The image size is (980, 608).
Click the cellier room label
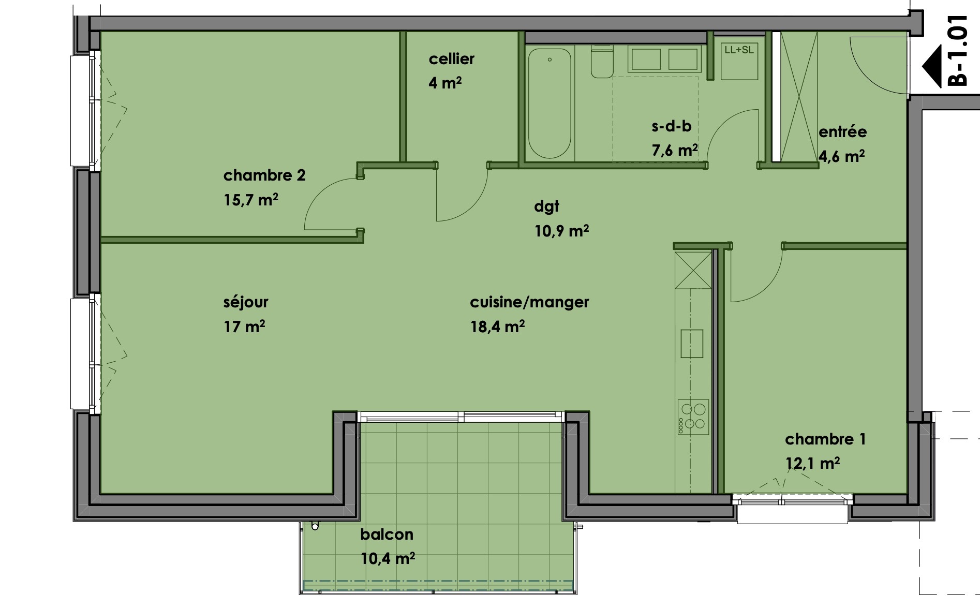(x=451, y=59)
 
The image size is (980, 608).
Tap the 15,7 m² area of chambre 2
(x=251, y=200)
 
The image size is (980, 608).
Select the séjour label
(x=246, y=302)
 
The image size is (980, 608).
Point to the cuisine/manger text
(x=529, y=302)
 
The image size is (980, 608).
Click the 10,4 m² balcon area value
(x=388, y=558)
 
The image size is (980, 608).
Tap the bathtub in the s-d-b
(x=550, y=103)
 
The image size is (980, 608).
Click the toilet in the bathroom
(x=602, y=62)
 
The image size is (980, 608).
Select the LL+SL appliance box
(x=739, y=61)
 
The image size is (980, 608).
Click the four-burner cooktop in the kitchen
(x=693, y=417)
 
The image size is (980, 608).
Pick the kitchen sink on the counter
(x=692, y=344)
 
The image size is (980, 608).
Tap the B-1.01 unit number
(x=957, y=50)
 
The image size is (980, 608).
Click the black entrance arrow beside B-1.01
(x=932, y=66)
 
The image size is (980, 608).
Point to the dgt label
(x=546, y=207)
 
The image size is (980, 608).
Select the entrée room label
(x=842, y=132)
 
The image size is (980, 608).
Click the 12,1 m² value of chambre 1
(x=812, y=463)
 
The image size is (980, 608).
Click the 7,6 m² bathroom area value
(x=674, y=151)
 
